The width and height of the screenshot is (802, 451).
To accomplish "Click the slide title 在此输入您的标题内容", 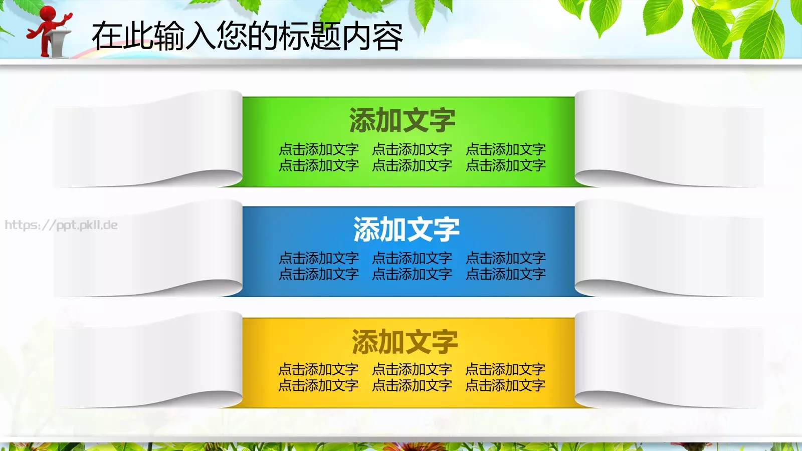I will pos(247,36).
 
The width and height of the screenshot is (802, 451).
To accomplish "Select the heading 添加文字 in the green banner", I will pos(402,120).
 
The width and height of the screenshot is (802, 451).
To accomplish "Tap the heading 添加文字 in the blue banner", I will pos(406,229).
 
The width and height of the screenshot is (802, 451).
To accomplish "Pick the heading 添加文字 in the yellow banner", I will pos(405,341).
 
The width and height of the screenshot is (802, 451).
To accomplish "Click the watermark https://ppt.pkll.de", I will pos(61,225).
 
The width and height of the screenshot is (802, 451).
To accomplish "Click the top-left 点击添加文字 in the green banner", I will pos(319,149).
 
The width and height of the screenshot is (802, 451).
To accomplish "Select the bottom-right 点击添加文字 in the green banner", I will pos(505,165).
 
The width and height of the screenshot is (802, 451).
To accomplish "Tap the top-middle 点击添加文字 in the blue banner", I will pos(412,258).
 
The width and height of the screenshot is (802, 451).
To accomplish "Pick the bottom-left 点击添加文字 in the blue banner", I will pos(319,274).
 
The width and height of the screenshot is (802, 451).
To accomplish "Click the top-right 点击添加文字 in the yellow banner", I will pos(505,369).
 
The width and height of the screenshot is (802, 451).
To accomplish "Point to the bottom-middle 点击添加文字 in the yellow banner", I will pos(412,385).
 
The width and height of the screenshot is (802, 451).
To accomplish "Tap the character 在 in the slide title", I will pos(107,36).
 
